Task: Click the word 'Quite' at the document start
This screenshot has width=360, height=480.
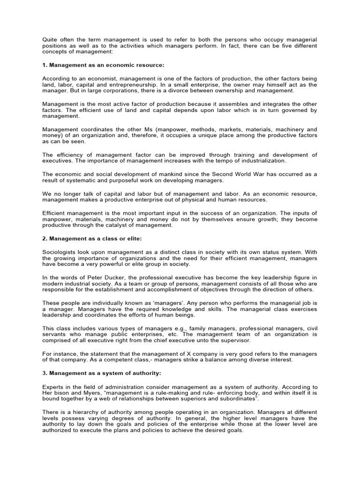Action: click(x=50, y=39)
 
